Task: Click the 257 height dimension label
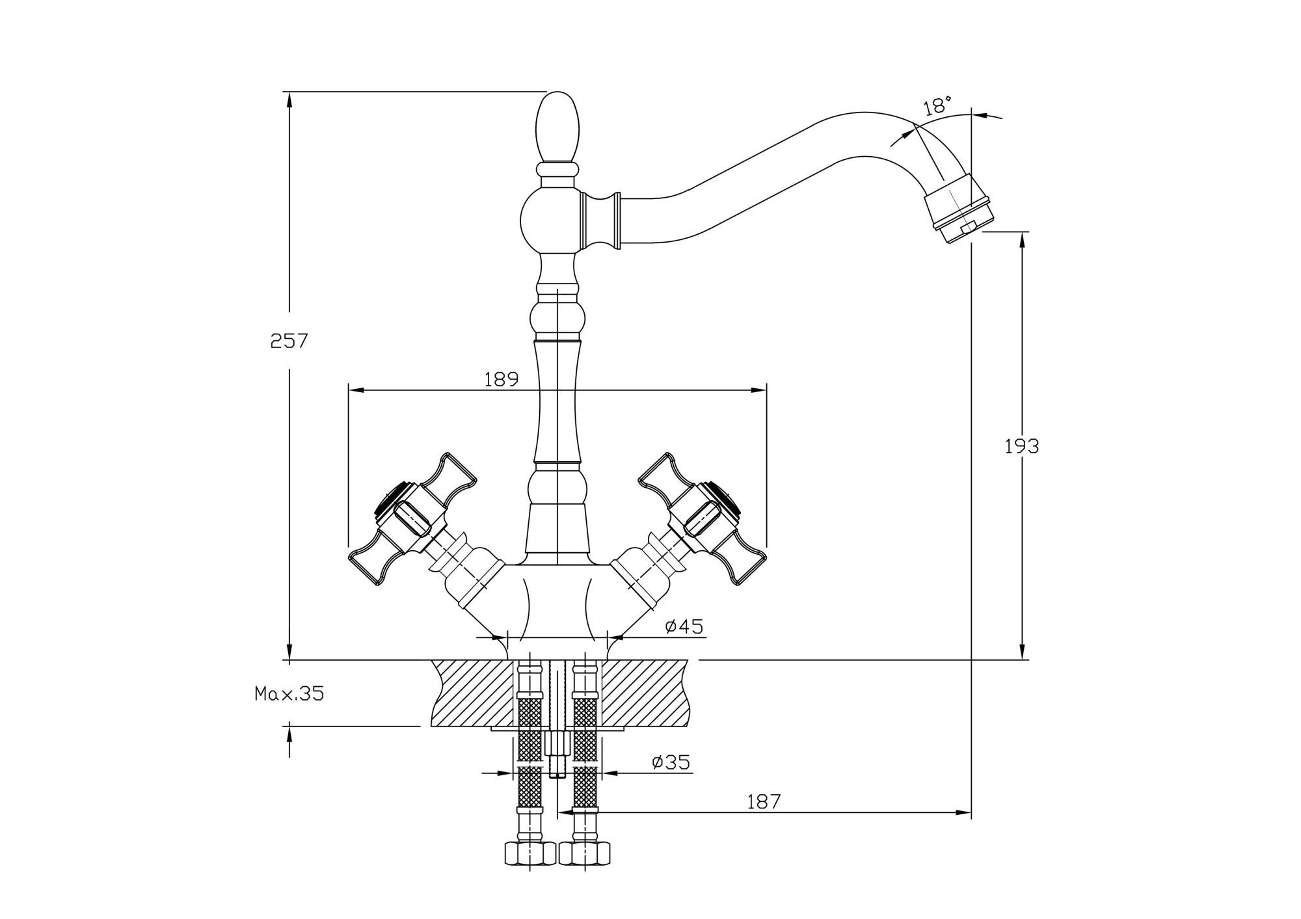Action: click(x=289, y=341)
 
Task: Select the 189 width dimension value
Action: click(x=501, y=379)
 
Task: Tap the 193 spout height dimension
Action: click(x=1022, y=446)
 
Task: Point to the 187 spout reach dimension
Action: click(x=763, y=802)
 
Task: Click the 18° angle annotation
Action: click(x=937, y=105)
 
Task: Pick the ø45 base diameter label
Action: click(x=684, y=626)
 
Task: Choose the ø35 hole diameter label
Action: click(x=671, y=762)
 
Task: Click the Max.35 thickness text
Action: click(x=289, y=694)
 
